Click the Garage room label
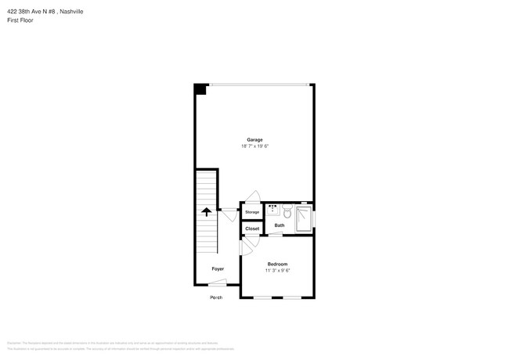tap(254, 139)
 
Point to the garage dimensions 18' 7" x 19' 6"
tap(254, 146)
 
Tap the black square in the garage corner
tap(200, 89)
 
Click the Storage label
tap(251, 212)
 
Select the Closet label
tap(251, 229)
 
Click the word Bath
tap(279, 225)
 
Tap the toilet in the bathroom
tap(287, 211)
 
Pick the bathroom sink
tap(273, 210)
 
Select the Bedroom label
tap(277, 264)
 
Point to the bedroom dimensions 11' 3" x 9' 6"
tap(277, 271)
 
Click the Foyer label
tap(218, 268)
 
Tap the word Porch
tap(216, 297)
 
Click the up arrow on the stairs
tap(207, 211)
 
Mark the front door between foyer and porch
tap(218, 283)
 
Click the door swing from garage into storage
tap(252, 197)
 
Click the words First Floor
tap(20, 20)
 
